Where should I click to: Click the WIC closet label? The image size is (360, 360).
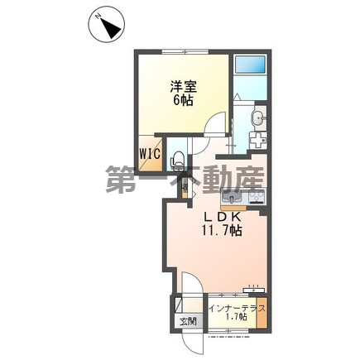(150, 153)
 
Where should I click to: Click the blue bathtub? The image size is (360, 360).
(249, 66)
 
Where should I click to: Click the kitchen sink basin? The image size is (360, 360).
(230, 198)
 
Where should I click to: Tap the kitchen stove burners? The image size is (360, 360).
(256, 198)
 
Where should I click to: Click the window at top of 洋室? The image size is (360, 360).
(185, 51)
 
